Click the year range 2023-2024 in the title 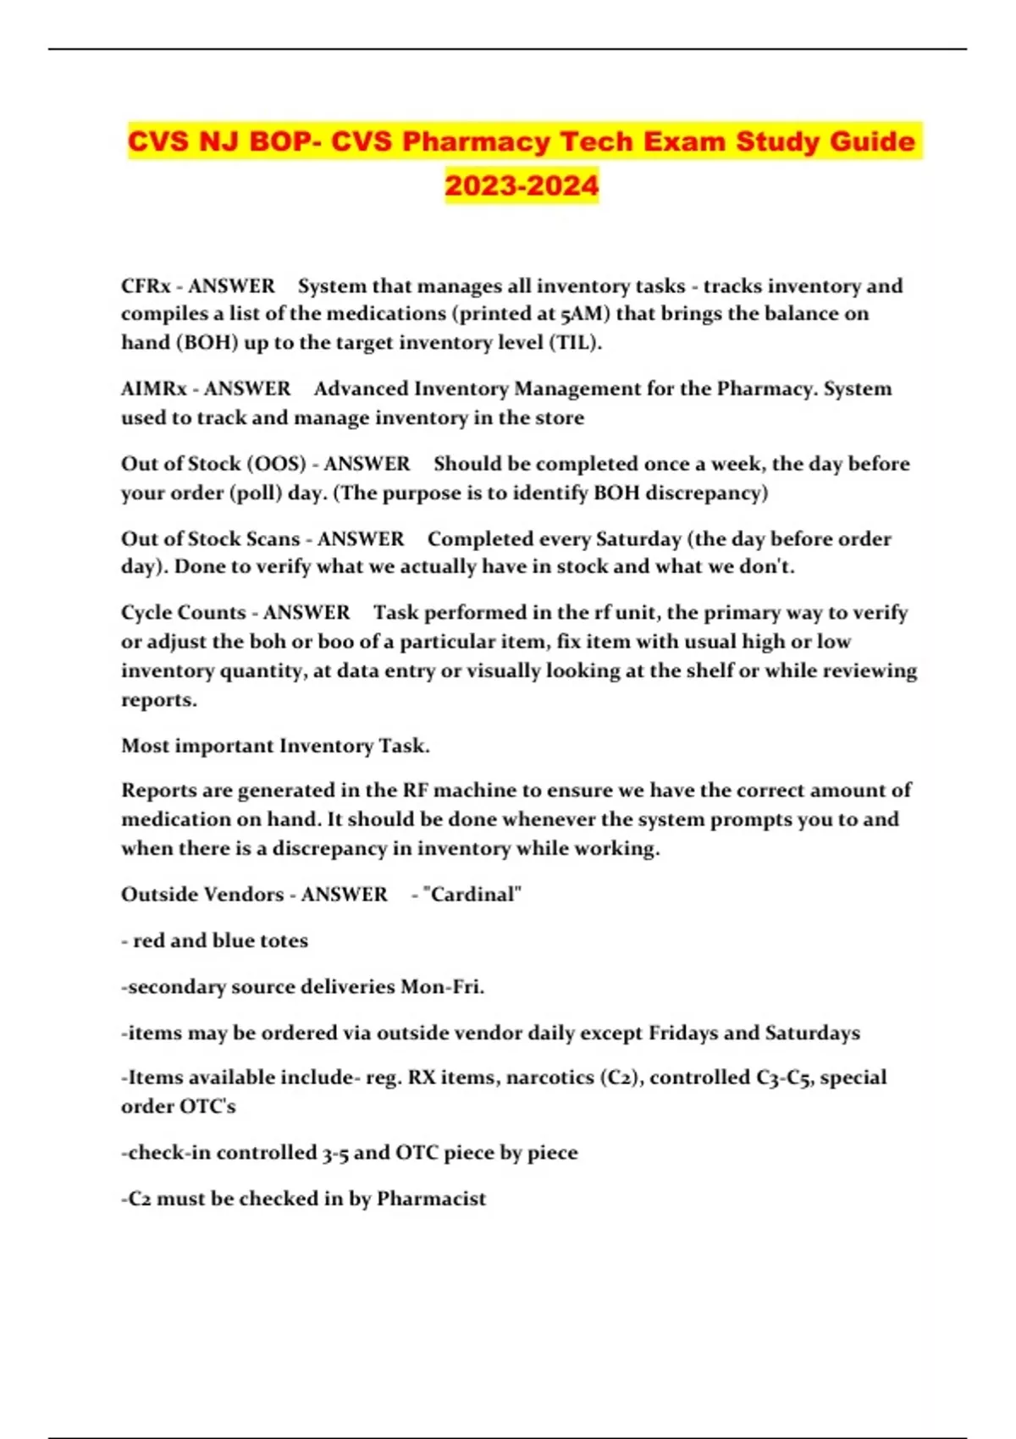click(x=522, y=185)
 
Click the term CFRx click(x=146, y=286)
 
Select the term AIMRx click(x=153, y=389)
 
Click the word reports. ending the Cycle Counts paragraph click(x=158, y=700)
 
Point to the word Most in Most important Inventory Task click(x=145, y=746)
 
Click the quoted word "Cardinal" click(x=472, y=895)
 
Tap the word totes click(x=284, y=940)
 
